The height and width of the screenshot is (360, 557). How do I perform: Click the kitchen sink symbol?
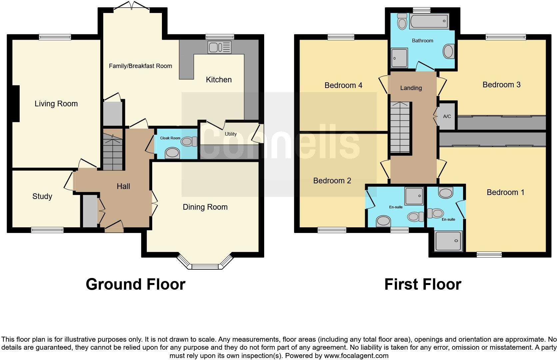pyautogui.click(x=219, y=47)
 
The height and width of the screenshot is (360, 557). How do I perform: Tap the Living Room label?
pyautogui.click(x=56, y=104)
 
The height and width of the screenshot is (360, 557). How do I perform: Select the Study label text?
pyautogui.click(x=42, y=196)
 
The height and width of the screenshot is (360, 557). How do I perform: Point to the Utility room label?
pyautogui.click(x=231, y=134)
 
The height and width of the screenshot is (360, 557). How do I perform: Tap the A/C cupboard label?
pyautogui.click(x=447, y=116)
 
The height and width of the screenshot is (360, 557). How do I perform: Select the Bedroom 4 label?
pyautogui.click(x=343, y=85)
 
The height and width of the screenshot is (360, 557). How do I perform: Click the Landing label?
pyautogui.click(x=411, y=88)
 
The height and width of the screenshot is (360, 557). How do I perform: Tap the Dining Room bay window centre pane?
pyautogui.click(x=205, y=266)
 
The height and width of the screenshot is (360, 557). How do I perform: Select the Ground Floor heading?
pyautogui.click(x=135, y=284)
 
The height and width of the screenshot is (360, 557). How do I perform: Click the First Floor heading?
pyautogui.click(x=422, y=284)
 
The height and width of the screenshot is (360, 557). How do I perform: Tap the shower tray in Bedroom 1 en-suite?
pyautogui.click(x=448, y=241)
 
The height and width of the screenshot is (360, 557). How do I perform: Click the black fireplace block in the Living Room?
pyautogui.click(x=16, y=104)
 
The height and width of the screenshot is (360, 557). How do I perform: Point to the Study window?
pyautogui.click(x=47, y=229)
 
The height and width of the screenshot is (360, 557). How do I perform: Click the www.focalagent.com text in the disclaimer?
pyautogui.click(x=356, y=356)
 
